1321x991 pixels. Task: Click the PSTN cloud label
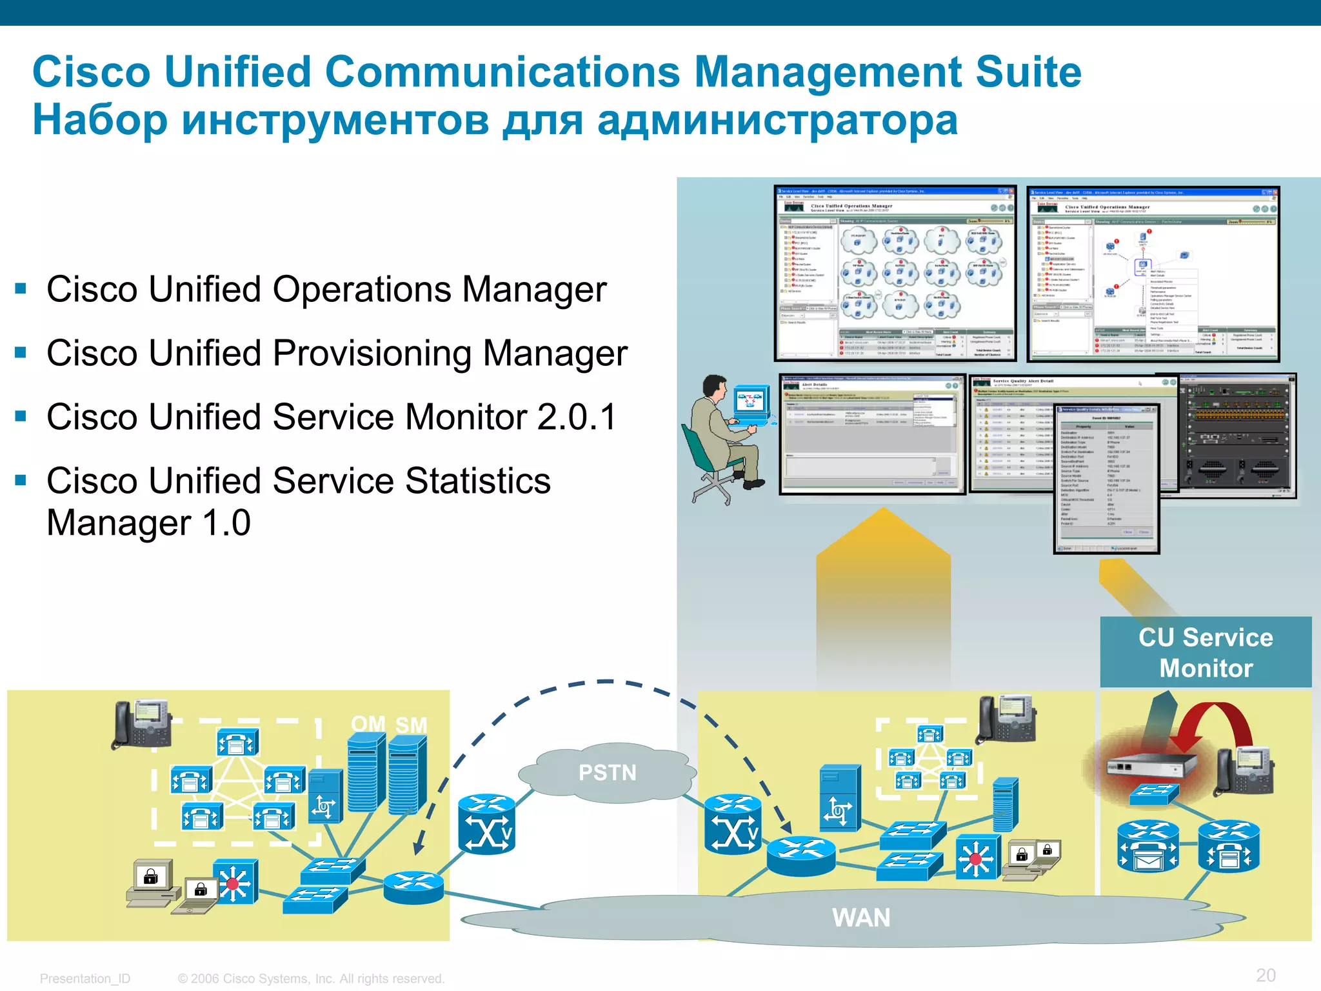click(607, 772)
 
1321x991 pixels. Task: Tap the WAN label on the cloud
click(861, 917)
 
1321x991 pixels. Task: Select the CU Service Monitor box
click(1206, 652)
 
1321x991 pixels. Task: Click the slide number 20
click(1266, 975)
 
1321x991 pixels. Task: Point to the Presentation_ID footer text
click(85, 979)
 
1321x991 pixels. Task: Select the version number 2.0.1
click(577, 417)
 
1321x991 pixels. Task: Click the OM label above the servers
click(368, 724)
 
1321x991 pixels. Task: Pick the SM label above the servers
click(411, 725)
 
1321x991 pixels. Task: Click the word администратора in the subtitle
click(777, 120)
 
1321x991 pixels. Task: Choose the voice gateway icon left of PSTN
click(486, 824)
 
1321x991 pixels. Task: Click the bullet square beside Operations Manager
click(21, 288)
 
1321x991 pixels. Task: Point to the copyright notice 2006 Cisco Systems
click(311, 979)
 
